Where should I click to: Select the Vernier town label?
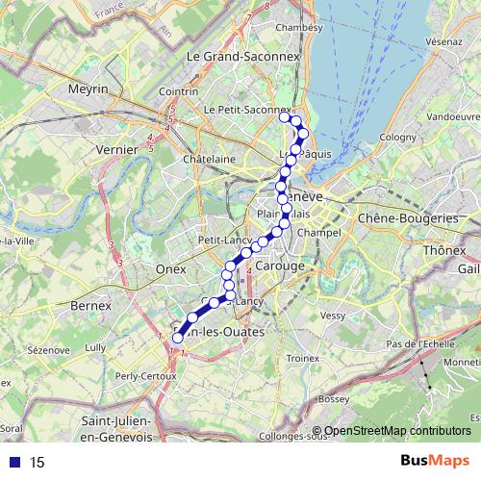pyautogui.click(x=118, y=150)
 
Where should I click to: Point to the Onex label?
pyautogui.click(x=169, y=270)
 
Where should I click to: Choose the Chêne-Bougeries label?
pyautogui.click(x=408, y=218)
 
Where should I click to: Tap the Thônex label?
pyautogui.click(x=443, y=251)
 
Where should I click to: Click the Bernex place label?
pyautogui.click(x=91, y=305)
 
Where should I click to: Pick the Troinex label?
pyautogui.click(x=302, y=357)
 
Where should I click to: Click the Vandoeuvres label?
pyautogui.click(x=451, y=115)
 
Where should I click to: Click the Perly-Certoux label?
pyautogui.click(x=140, y=375)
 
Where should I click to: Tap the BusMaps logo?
pyautogui.click(x=435, y=462)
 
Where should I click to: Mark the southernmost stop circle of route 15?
pyautogui.click(x=177, y=338)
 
